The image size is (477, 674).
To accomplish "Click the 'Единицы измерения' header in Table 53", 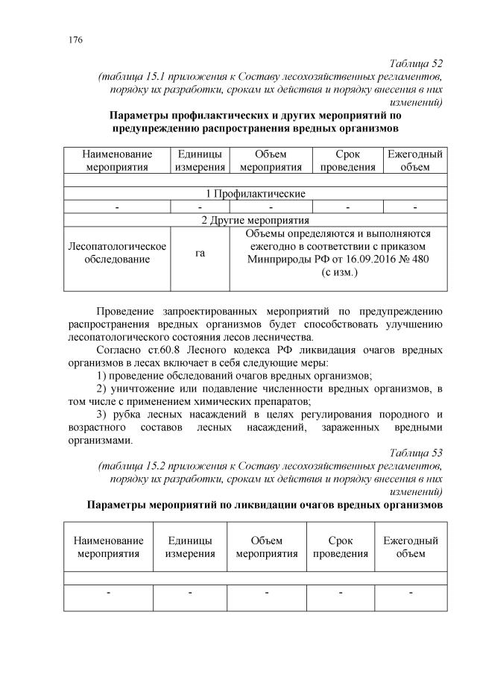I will tap(190, 547).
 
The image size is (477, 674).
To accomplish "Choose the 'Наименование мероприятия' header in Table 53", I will tap(108, 547).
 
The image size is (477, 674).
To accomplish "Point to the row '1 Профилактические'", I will tap(255, 193).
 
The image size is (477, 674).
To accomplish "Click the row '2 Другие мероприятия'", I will tap(255, 220).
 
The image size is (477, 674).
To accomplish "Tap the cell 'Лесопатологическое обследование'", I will tap(117, 253).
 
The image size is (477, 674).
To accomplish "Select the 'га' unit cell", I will tap(200, 253).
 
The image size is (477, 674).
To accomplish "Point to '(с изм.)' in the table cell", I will tap(338, 273).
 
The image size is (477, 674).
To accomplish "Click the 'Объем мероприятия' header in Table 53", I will tap(266, 547).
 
